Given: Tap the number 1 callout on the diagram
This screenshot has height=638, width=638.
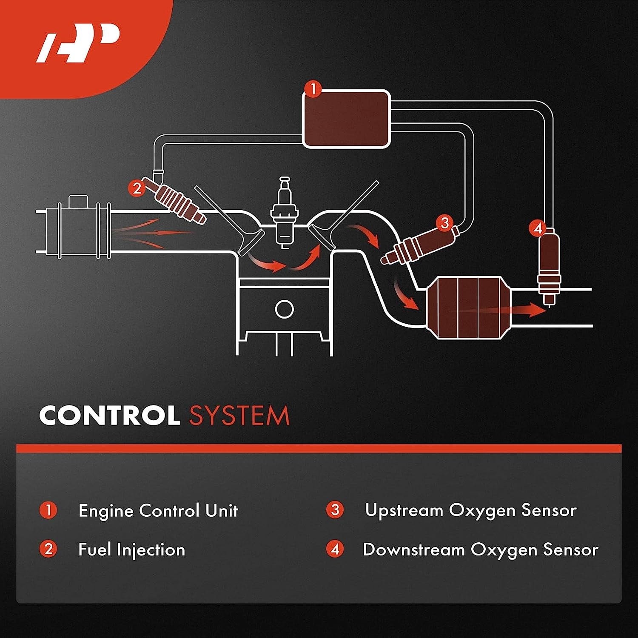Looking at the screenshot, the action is pos(313,90).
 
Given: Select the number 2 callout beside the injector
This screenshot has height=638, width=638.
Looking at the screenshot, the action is pos(137,188).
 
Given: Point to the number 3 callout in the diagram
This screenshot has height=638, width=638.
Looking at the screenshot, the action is pos(445,222).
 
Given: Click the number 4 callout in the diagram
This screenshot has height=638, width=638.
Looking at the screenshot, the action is pos(538,228).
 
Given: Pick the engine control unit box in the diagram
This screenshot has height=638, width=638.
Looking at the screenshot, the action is pos(346,119).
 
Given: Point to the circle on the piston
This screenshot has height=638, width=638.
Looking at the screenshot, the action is pos(284,309).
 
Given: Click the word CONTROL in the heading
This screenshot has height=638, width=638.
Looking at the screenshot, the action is pos(109,415).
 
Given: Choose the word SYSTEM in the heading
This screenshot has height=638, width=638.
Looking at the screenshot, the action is pos(239,415).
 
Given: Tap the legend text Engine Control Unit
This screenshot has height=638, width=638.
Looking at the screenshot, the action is pos(158,510).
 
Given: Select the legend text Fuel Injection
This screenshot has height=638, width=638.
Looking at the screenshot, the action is pos(132,550).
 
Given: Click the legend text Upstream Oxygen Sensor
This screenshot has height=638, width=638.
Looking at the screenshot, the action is pos(471,510).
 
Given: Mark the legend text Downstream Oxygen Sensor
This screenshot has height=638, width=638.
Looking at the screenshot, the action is pos(481,550).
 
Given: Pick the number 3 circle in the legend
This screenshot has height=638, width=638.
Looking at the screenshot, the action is pos(335,510).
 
